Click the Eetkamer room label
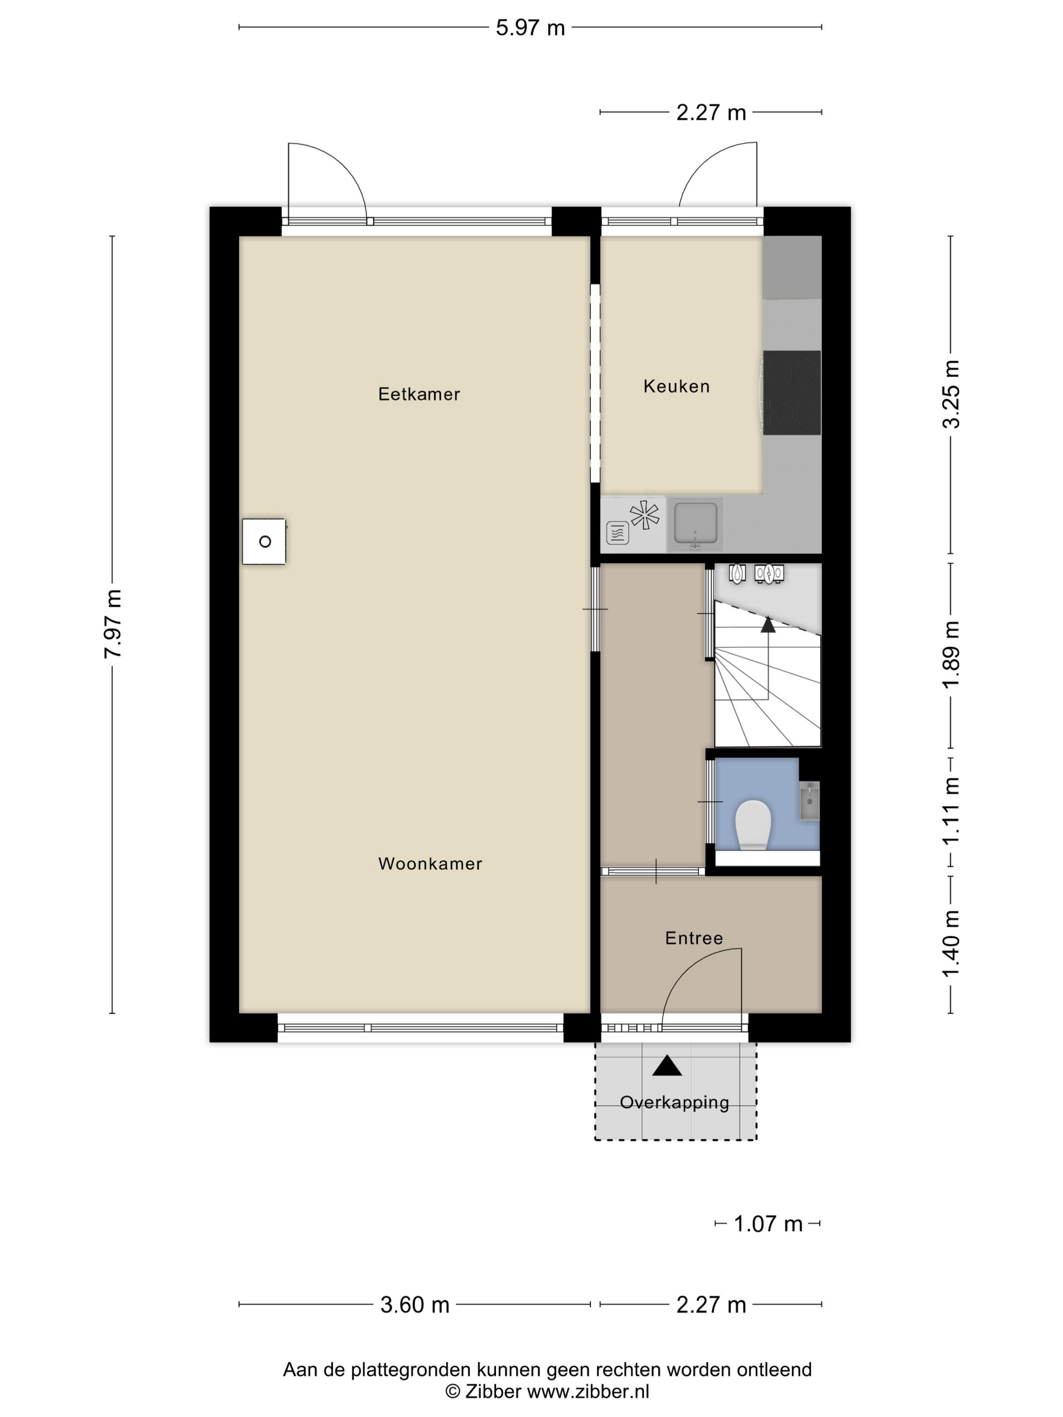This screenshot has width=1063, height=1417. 419,394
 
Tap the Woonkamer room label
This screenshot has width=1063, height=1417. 430,863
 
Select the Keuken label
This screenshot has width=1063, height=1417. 677,386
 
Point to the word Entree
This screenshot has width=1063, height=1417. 694,938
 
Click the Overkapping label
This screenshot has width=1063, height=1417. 675,1102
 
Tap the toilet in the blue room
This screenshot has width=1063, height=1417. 753,824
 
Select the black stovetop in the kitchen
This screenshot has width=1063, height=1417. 792,392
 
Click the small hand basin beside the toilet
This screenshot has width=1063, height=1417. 810,800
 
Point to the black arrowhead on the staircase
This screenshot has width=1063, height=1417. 767,624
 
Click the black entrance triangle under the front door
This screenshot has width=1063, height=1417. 667,1065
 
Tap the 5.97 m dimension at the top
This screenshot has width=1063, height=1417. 530,27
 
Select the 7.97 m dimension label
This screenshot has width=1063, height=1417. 113,623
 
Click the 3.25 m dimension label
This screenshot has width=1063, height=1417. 951,394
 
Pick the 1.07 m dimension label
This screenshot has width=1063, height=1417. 767,1224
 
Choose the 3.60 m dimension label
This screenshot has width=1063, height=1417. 415,1304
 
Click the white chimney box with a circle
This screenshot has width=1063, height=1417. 264,541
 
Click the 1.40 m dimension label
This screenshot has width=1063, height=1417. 951,944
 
